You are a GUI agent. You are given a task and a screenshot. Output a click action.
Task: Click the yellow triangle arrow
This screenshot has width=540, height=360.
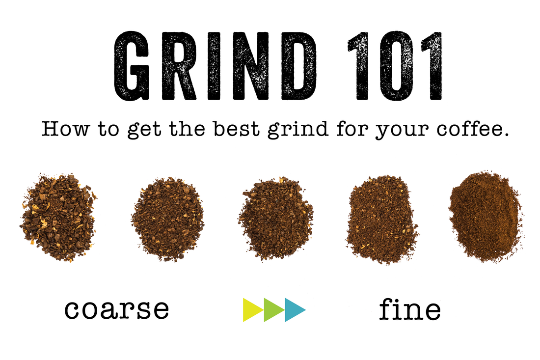click(253, 309)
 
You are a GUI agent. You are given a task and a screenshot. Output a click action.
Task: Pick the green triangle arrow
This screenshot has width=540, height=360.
click(274, 309)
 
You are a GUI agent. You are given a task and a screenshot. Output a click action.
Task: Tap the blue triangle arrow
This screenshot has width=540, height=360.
click(295, 309)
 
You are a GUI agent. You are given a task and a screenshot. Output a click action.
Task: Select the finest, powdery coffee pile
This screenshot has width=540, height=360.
click(485, 216)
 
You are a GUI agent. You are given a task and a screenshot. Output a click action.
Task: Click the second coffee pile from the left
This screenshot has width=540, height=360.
click(167, 219)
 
